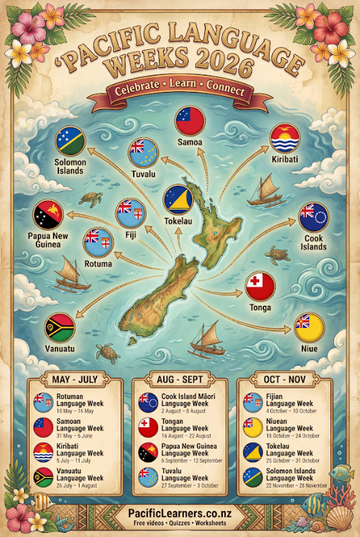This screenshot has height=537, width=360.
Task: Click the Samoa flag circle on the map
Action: pos(191,121)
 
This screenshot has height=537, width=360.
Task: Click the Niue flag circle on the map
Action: pos(309,327)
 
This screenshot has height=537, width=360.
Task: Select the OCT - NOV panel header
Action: pos(283,379)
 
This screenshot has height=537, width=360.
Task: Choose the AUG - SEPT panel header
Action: pos(178,379)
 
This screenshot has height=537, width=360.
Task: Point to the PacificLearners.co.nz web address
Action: pos(179,513)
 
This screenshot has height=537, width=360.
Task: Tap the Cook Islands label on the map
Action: pos(313,242)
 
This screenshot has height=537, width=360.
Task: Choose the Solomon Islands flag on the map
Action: pos(70,141)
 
